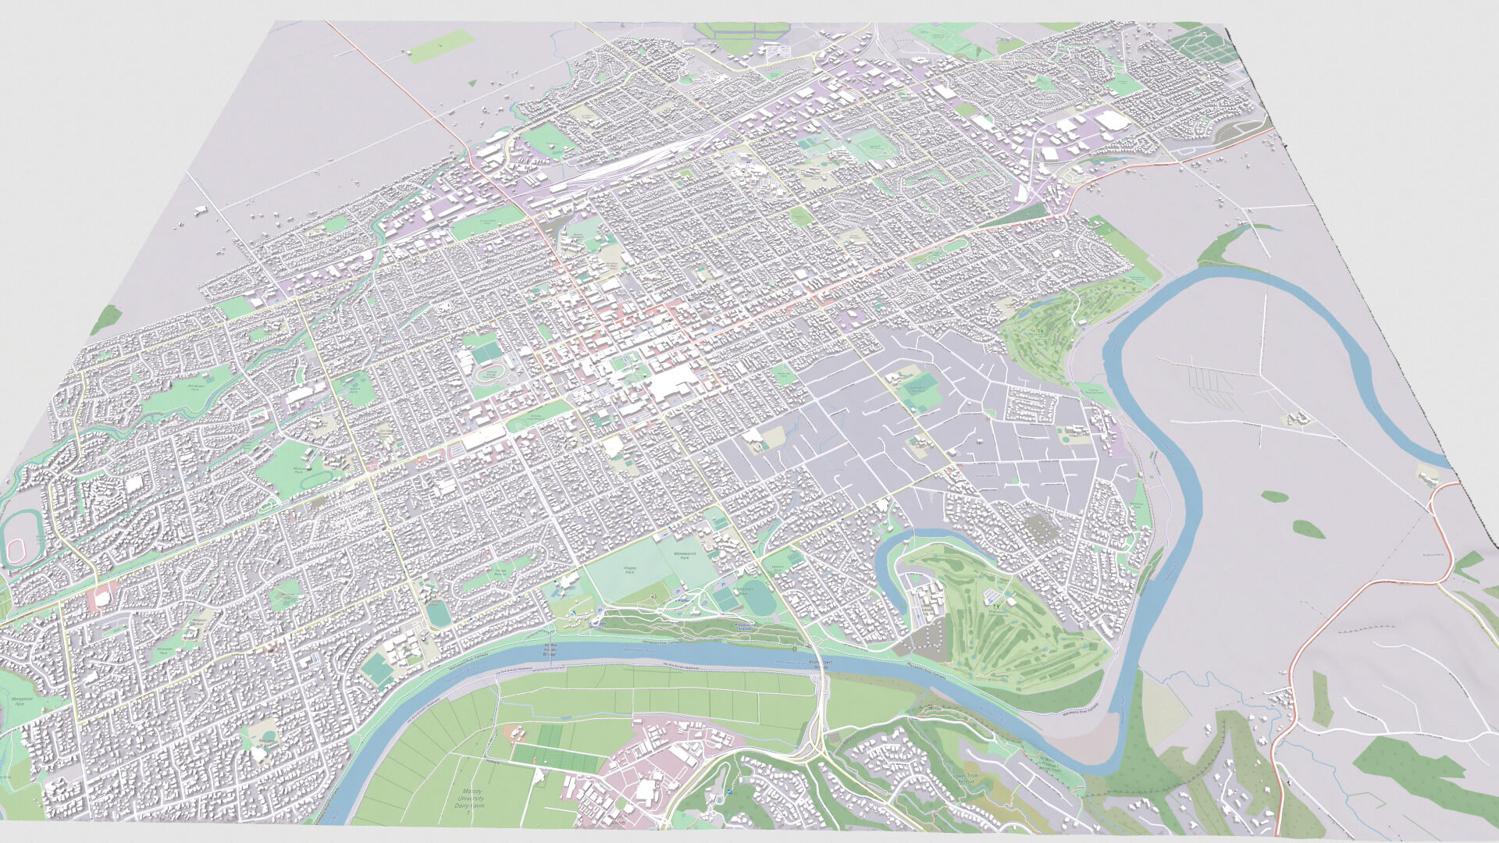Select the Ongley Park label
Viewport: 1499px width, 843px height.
629,570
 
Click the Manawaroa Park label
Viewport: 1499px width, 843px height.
685,557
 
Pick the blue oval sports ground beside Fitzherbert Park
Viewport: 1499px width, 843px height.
757,598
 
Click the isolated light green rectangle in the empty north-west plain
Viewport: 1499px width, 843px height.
441,47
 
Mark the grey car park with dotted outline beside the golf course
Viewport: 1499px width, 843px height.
1038,528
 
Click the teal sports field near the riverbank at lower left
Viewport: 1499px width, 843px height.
378,668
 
